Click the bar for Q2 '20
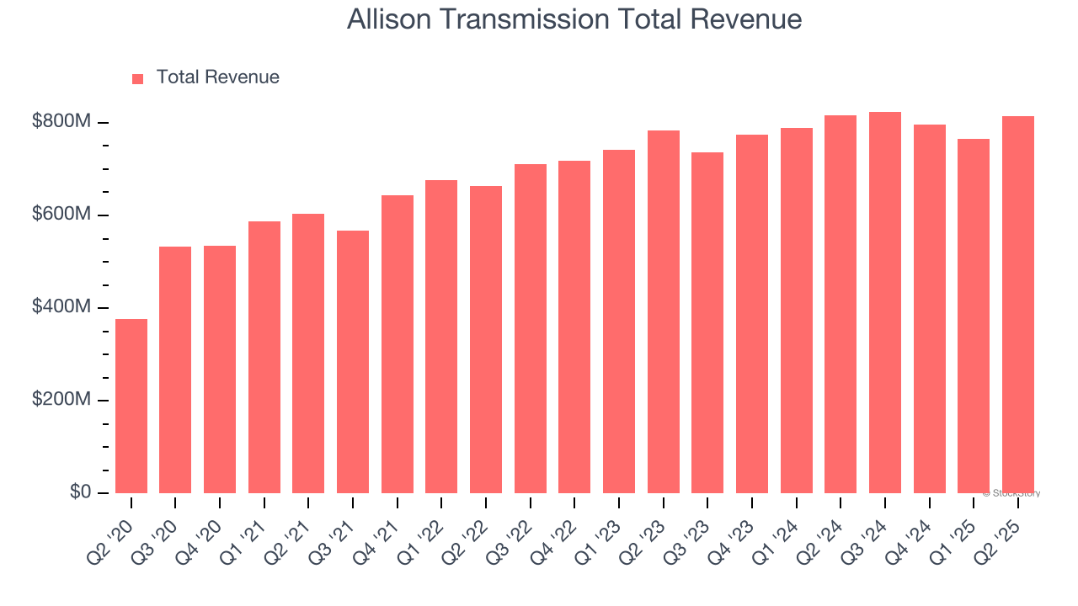[x=131, y=406]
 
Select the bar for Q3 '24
[x=885, y=302]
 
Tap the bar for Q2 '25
[x=1018, y=305]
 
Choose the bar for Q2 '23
[x=664, y=311]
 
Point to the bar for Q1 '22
[x=441, y=337]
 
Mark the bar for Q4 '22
[x=574, y=327]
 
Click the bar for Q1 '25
[x=974, y=316]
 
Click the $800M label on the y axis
[x=61, y=122]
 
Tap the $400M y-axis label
[x=61, y=307]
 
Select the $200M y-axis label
[x=61, y=400]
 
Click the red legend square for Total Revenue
[x=138, y=78]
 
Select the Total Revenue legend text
[x=217, y=77]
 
